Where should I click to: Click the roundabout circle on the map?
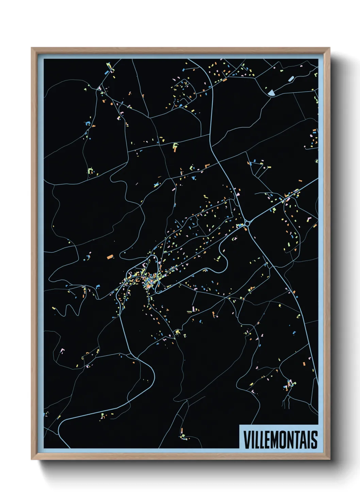coord(247,223)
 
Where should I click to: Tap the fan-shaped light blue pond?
coord(271,92)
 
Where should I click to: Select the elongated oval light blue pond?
coord(291,79)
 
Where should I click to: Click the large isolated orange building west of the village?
coord(110,257)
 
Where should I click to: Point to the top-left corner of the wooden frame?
coord(32,48)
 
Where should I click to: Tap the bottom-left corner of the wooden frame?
coord(32,459)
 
